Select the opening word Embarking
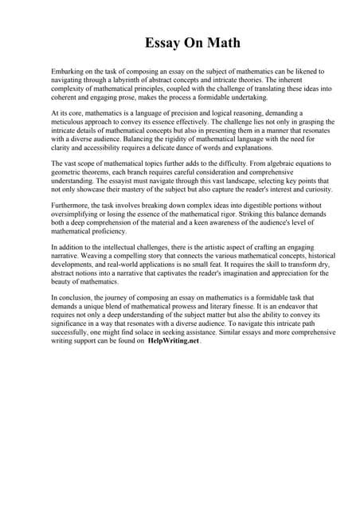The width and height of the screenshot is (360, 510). coord(67,72)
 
